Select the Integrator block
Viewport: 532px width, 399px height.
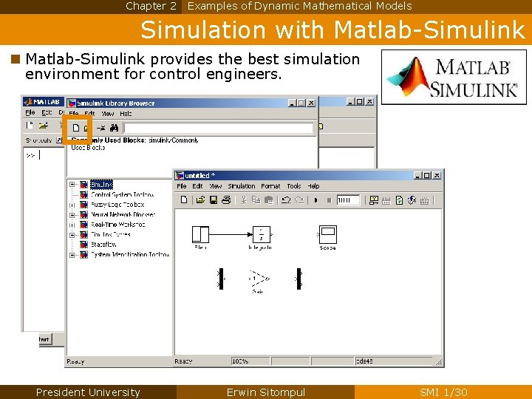pos(261,233)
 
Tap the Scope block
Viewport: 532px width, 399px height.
pos(327,234)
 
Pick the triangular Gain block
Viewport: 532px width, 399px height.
pos(258,279)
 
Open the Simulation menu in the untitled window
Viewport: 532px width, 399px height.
pos(242,186)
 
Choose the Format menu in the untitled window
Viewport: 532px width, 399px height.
pos(270,186)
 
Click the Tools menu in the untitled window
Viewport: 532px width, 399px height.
pos(294,186)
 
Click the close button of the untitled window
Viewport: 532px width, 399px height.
pos(437,176)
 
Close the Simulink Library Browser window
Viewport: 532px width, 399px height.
pos(311,103)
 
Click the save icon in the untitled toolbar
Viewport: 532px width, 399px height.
pos(214,199)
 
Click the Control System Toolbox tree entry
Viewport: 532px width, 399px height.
pos(122,194)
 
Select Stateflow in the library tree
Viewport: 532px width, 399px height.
pos(103,245)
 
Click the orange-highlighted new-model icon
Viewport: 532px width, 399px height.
pos(76,128)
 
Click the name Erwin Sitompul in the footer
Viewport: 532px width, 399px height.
pos(265,392)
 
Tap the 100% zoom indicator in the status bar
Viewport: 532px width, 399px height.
pos(240,361)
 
